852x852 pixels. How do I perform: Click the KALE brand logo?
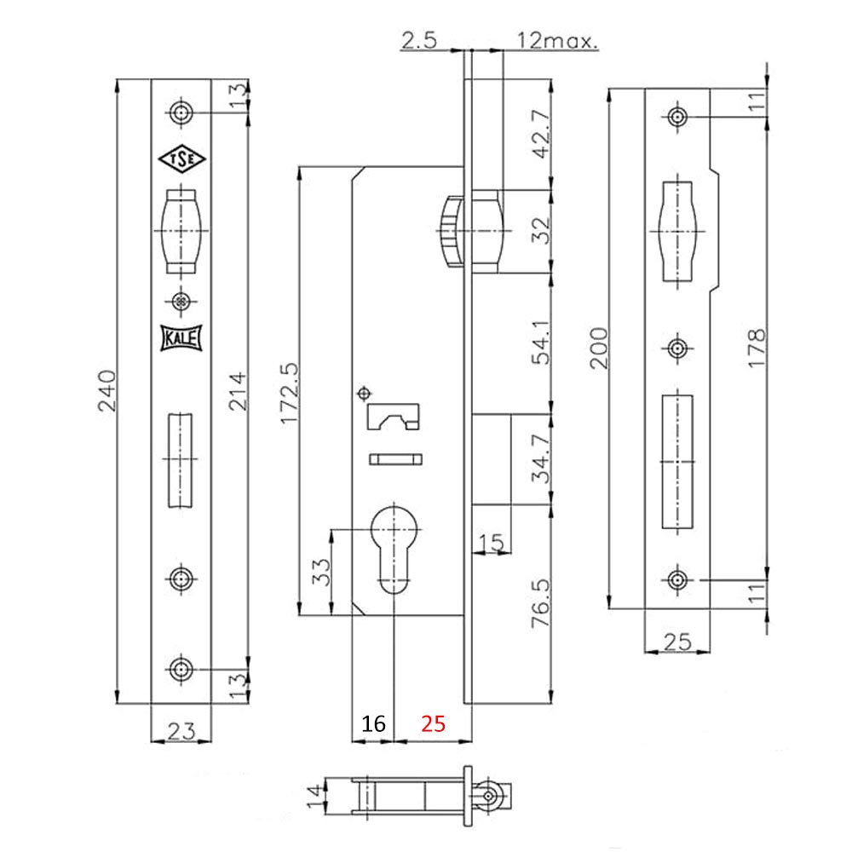coord(180,339)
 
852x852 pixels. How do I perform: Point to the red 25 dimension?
coord(433,725)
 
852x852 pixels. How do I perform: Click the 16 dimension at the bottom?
coord(373,725)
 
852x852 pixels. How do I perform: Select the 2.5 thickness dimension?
coord(419,39)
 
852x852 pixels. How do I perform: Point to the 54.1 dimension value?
coord(538,343)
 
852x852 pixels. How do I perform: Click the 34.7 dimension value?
coord(538,461)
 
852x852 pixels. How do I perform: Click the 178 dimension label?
coord(756,348)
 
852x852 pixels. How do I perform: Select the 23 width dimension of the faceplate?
coord(181,730)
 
